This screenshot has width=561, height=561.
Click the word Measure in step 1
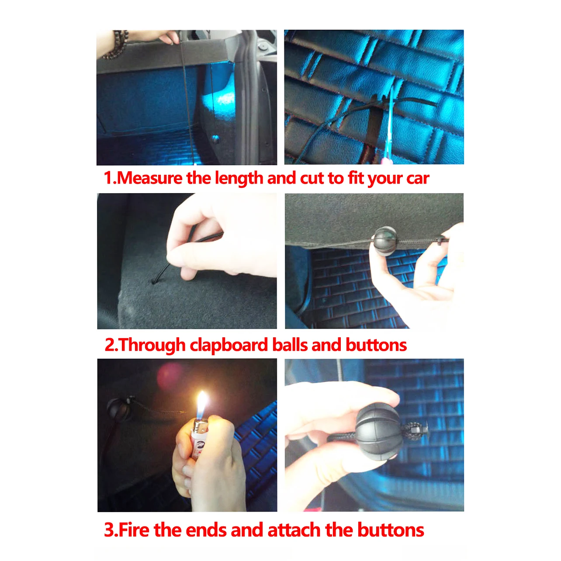pos(150,178)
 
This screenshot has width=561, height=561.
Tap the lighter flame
pos(202,405)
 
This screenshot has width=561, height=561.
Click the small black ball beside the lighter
pos(118,409)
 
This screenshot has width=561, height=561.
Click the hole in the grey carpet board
pos(154,281)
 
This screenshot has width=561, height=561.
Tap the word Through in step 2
pos(152,345)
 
